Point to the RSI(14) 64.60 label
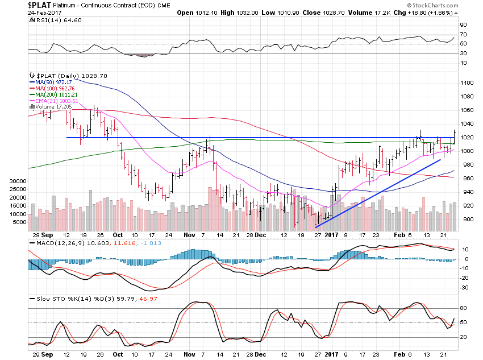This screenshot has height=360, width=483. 48,19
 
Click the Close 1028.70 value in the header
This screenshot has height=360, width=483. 332,12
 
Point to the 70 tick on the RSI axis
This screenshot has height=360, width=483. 464,35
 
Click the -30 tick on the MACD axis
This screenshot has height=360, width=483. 465,287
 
